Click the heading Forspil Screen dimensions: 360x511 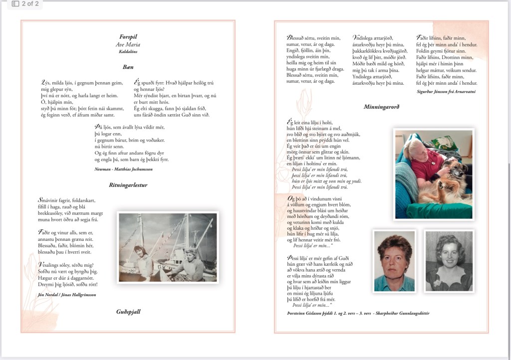pos(128,37)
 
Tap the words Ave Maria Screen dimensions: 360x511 pos(128,44)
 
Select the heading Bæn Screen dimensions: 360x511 pos(128,67)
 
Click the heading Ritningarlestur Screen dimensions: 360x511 pos(128,185)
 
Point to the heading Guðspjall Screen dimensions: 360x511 pos(128,312)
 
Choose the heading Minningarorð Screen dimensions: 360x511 pos(381,107)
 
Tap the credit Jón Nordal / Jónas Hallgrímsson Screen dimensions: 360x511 pos(67,294)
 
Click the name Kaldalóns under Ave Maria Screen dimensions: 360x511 pos(128,51)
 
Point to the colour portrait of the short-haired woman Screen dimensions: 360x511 pos(394,260)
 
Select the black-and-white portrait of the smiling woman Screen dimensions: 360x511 pos(449,260)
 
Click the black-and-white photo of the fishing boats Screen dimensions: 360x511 pos(168,247)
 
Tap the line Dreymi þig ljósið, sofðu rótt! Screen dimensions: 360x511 pos(67,284)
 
